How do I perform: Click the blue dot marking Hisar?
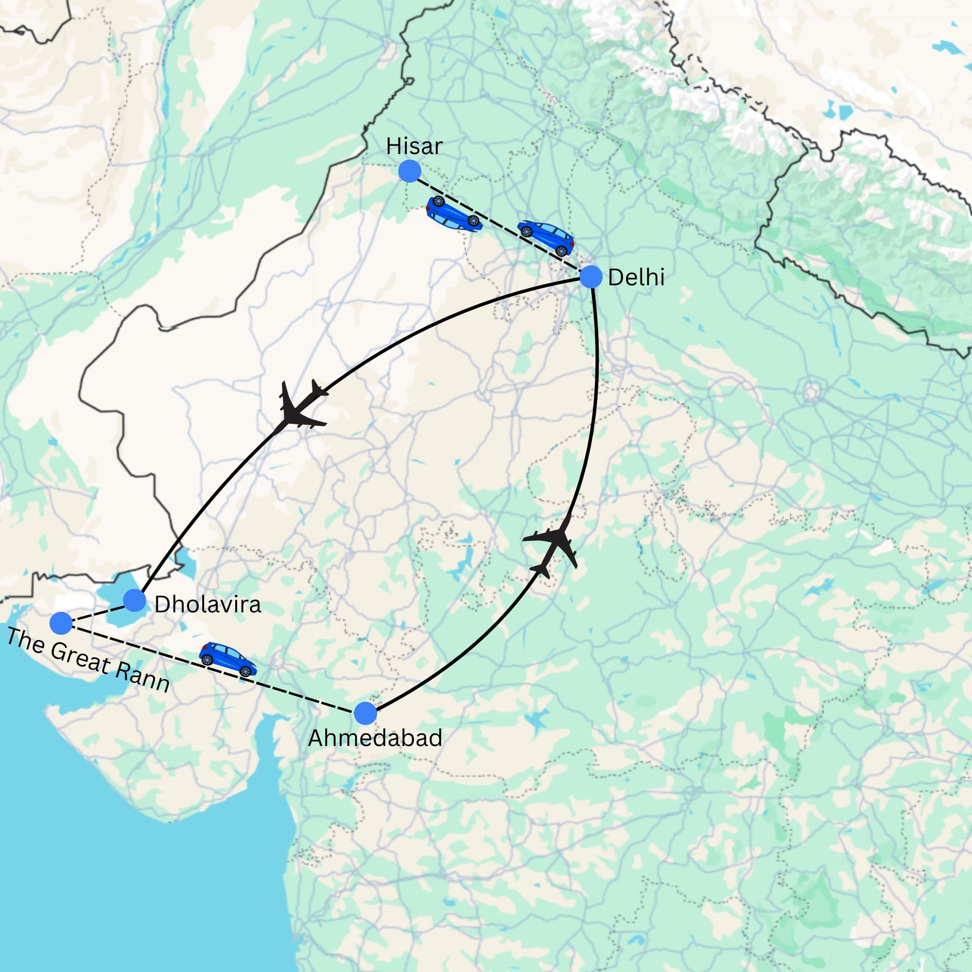pyautogui.click(x=410, y=172)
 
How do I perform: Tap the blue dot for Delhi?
pyautogui.click(x=590, y=277)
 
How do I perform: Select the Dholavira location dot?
pyautogui.click(x=134, y=600)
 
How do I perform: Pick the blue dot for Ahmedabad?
pyautogui.click(x=365, y=713)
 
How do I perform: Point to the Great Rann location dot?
pyautogui.click(x=61, y=624)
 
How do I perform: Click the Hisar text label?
pyautogui.click(x=414, y=146)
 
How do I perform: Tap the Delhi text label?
pyautogui.click(x=636, y=278)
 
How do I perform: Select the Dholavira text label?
pyautogui.click(x=208, y=604)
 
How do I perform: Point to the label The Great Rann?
pyautogui.click(x=88, y=660)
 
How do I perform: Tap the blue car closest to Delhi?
pyautogui.click(x=546, y=237)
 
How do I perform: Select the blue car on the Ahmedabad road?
pyautogui.click(x=228, y=659)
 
